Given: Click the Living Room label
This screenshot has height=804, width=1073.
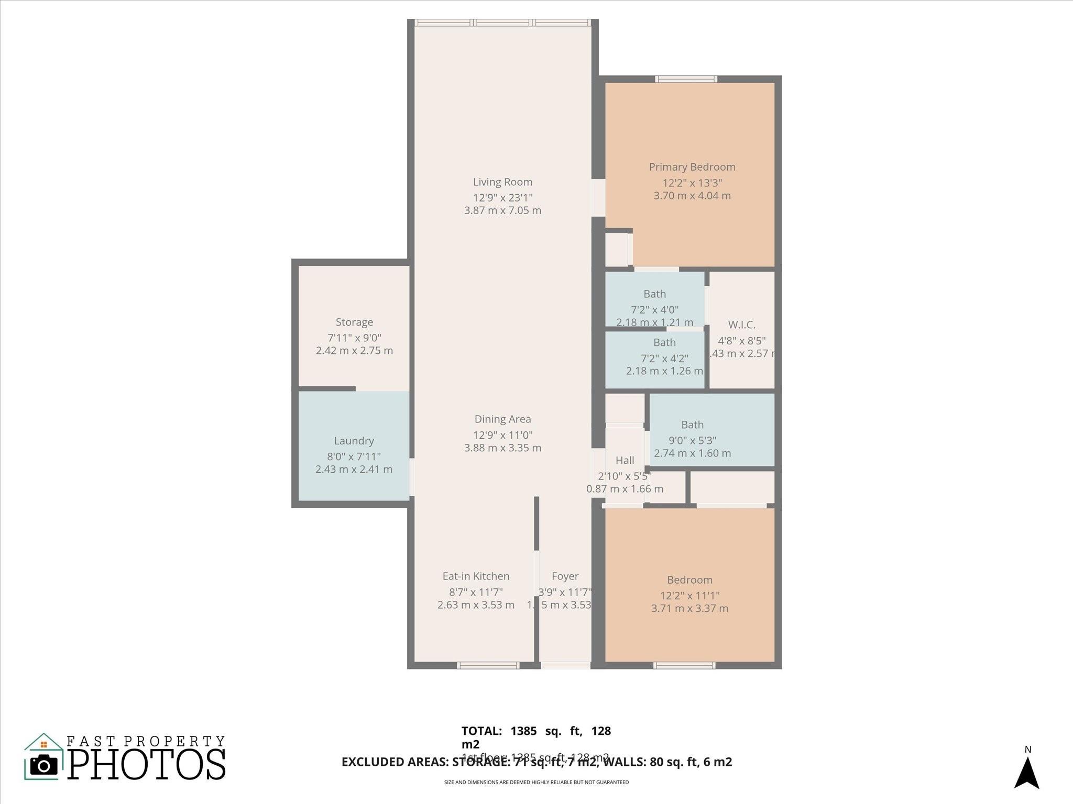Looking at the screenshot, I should click(x=502, y=182).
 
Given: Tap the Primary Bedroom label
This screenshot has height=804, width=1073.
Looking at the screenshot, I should click(x=692, y=167).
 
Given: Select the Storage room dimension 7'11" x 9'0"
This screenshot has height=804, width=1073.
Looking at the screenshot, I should click(x=354, y=338).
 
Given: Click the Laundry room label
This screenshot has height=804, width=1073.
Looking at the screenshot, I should click(x=354, y=441).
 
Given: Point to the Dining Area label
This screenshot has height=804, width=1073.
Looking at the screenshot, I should click(x=502, y=419).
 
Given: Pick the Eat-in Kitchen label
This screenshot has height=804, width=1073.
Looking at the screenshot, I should click(x=476, y=576).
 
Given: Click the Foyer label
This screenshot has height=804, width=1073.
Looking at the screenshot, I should click(x=565, y=576).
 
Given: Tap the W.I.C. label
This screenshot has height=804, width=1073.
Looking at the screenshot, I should click(x=741, y=325).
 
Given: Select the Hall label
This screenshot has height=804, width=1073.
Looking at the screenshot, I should click(x=625, y=461).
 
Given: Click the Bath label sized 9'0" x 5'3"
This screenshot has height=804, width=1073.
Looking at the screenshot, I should click(x=692, y=425).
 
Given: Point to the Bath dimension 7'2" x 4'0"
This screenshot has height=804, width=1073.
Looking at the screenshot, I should click(x=654, y=309).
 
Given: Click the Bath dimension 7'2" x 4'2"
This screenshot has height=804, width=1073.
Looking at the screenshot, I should click(x=664, y=359).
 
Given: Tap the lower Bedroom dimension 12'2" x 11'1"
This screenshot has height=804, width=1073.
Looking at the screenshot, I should click(x=689, y=596).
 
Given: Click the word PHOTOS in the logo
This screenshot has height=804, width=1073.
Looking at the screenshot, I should click(x=147, y=764).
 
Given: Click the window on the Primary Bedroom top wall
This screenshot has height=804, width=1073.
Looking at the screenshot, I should click(x=686, y=80).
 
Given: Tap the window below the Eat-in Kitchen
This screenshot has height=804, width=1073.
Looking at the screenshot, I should click(x=488, y=665).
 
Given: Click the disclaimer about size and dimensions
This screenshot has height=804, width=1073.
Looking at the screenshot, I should click(x=536, y=783).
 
